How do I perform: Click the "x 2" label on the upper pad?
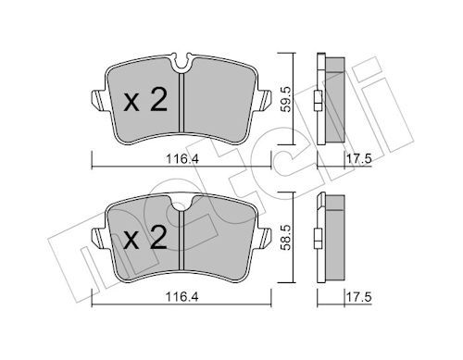[145, 101]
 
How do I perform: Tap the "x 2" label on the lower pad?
[145, 240]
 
